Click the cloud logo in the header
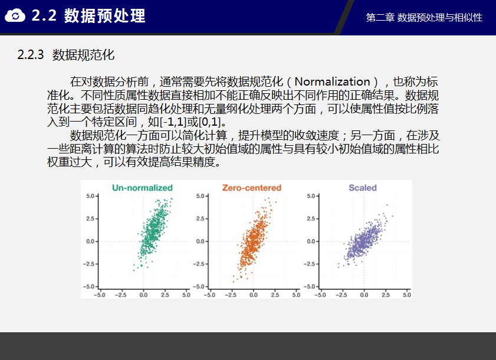coord(15,15)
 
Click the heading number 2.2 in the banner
coord(44,15)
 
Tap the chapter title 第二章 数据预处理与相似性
coord(424,18)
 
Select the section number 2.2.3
coord(30,54)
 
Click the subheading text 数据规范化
coord(83,55)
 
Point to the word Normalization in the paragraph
coord(332,81)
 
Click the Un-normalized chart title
coord(142,188)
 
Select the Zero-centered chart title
coord(251,188)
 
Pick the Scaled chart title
coord(363,188)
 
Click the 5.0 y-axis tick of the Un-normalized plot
coord(90,196)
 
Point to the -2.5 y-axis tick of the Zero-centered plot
coord(199,264)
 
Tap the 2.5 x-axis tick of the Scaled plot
coord(385,294)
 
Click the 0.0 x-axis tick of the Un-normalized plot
coord(143,294)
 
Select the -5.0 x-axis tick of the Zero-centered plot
coord(209,294)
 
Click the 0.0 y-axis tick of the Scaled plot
coord(311,241)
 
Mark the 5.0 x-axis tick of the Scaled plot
coord(407,294)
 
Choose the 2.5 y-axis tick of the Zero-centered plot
coord(201,218)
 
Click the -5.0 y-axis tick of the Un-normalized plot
coord(89,287)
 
